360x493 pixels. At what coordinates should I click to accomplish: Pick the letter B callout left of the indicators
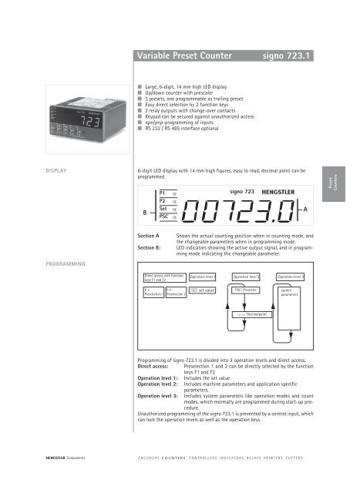click(x=143, y=213)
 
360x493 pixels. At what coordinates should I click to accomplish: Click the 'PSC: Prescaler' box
click(x=246, y=290)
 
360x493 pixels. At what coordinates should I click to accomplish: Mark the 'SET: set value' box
click(x=202, y=290)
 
